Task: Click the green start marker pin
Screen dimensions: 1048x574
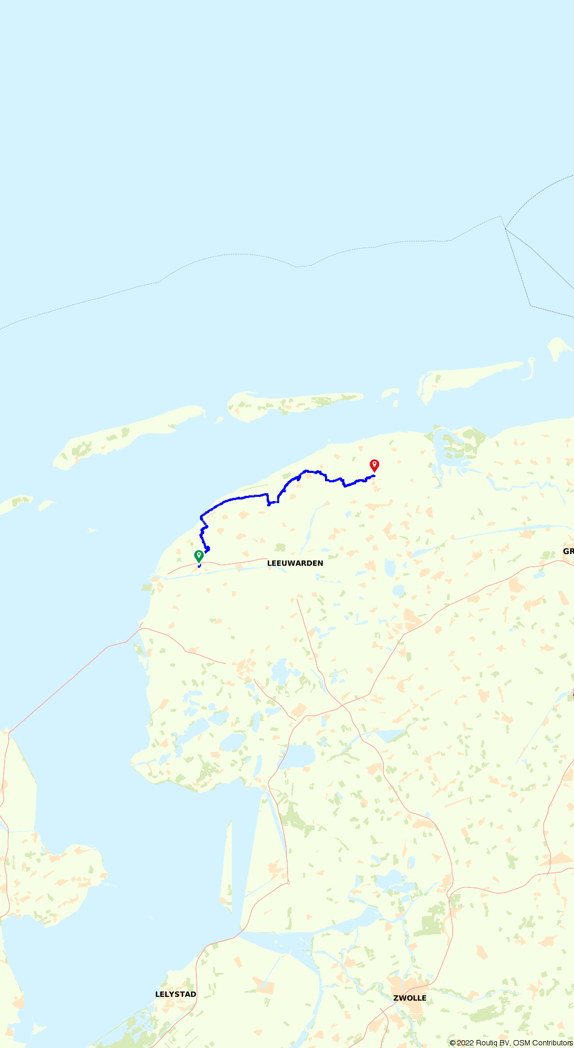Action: coord(198,556)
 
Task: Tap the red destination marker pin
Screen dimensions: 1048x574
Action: coord(374,465)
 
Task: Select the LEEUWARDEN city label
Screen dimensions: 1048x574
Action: coord(295,563)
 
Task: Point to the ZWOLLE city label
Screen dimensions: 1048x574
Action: coord(410,998)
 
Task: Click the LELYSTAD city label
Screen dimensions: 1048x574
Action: coord(176,994)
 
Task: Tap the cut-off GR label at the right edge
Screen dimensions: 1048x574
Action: coord(568,551)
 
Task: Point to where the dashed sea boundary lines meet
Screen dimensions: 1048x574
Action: coord(505,228)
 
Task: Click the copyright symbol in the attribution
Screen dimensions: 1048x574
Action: coord(453,1043)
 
